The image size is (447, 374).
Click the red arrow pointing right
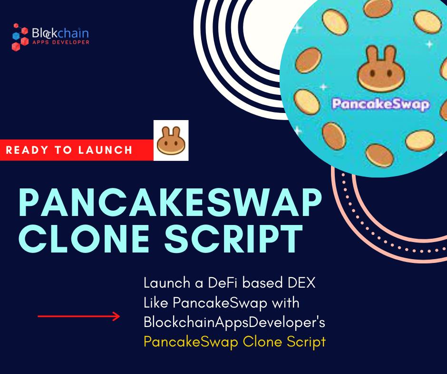pyautogui.click(x=79, y=316)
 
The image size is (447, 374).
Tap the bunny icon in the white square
pyautogui.click(x=171, y=140)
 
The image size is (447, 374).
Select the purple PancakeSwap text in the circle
pyautogui.click(x=380, y=103)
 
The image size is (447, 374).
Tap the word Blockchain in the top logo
pyautogui.click(x=60, y=33)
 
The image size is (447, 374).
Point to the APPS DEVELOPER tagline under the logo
pyautogui.click(x=60, y=42)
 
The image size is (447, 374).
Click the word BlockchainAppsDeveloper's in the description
pyautogui.click(x=234, y=322)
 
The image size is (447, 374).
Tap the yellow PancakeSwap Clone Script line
pyautogui.click(x=234, y=341)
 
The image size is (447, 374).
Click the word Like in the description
pyautogui.click(x=155, y=302)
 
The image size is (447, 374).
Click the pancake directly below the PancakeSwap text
pyautogui.click(x=378, y=154)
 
